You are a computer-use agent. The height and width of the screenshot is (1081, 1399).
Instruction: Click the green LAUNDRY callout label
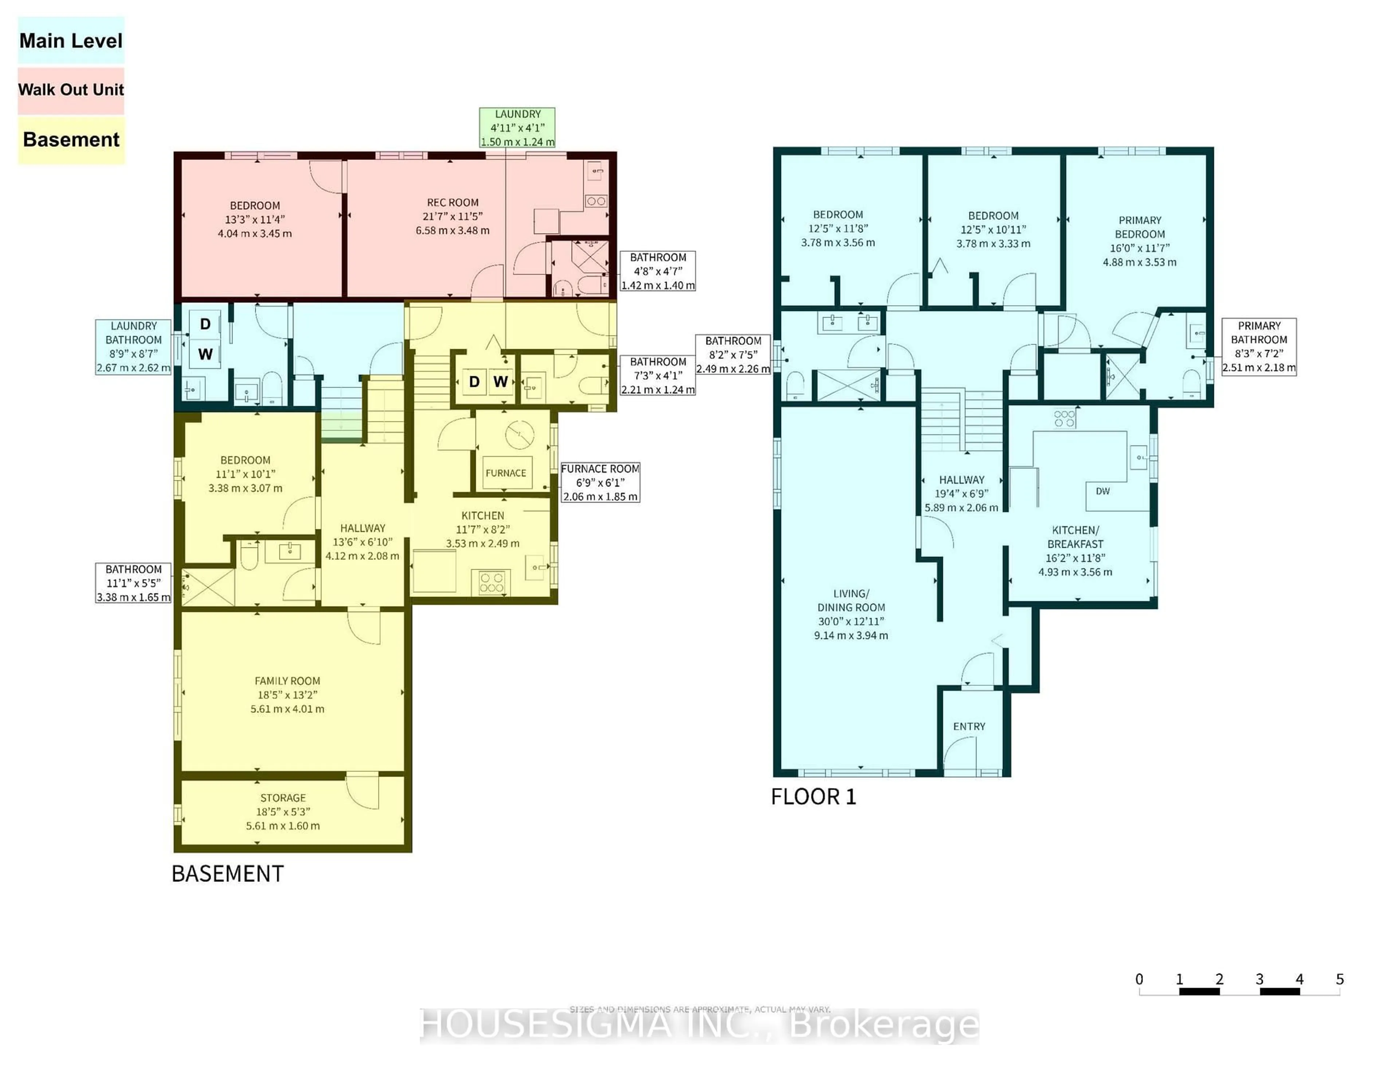[517, 127]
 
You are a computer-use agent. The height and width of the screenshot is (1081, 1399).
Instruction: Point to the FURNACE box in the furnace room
[505, 473]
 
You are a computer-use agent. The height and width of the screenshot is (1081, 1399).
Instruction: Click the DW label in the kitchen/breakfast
[1102, 491]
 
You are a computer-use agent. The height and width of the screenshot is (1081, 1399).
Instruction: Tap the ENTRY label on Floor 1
[968, 726]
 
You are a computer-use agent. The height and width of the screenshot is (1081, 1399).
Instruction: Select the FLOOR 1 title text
[813, 797]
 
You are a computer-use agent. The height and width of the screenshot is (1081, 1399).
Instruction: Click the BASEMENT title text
[227, 873]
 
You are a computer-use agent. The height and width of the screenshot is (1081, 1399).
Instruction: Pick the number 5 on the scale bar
[1339, 979]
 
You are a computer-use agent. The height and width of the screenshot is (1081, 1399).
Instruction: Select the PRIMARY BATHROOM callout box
[1259, 346]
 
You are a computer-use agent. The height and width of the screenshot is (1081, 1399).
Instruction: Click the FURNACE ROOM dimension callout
[600, 482]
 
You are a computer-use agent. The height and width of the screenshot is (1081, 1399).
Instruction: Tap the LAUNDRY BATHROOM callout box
[133, 346]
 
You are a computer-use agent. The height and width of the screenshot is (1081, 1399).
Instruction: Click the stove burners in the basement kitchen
[491, 582]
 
